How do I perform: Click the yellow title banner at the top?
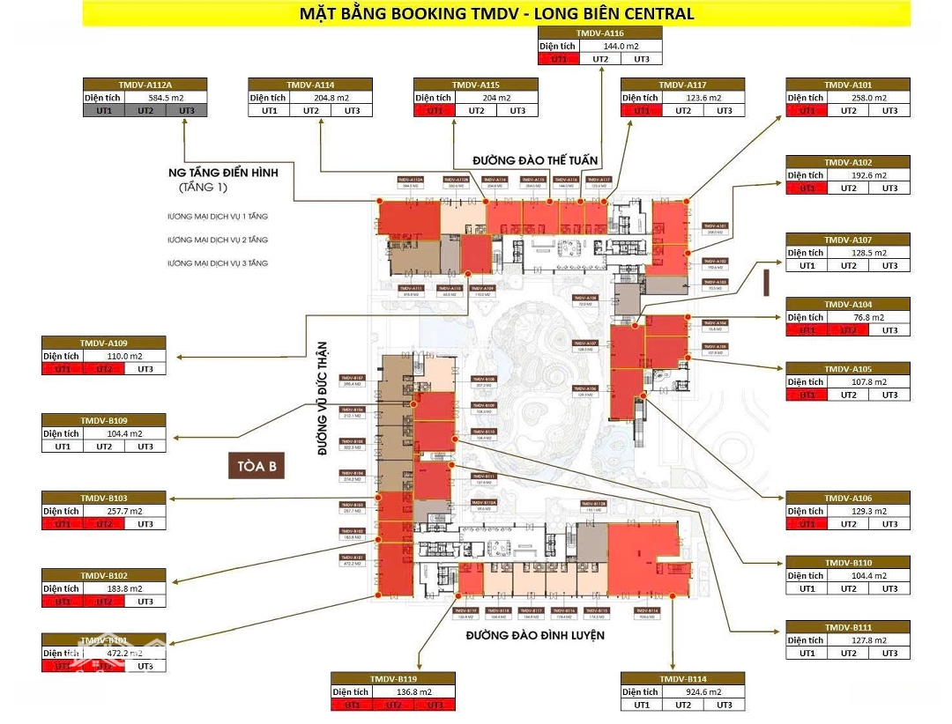pyautogui.click(x=496, y=13)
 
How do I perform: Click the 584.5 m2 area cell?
pyautogui.click(x=166, y=98)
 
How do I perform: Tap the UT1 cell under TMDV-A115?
pyautogui.click(x=435, y=111)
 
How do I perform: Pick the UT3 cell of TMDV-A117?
pyautogui.click(x=724, y=111)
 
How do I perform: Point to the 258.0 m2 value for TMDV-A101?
pyautogui.click(x=869, y=98)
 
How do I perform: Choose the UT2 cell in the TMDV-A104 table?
pyautogui.click(x=848, y=330)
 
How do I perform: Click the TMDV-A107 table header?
pyautogui.click(x=848, y=240)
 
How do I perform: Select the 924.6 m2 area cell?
pyautogui.click(x=703, y=691)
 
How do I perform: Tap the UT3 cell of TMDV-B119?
pyautogui.click(x=434, y=705)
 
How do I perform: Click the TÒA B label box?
pyautogui.click(x=257, y=466)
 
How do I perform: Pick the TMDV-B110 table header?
pyautogui.click(x=848, y=563)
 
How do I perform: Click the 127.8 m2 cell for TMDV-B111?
pyautogui.click(x=869, y=640)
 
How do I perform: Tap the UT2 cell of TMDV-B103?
pyautogui.click(x=104, y=524)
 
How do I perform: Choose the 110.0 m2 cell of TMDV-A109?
pyautogui.click(x=124, y=356)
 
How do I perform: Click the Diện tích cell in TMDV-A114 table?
pyautogui.click(x=267, y=98)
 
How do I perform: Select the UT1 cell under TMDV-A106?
pyautogui.click(x=807, y=524)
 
